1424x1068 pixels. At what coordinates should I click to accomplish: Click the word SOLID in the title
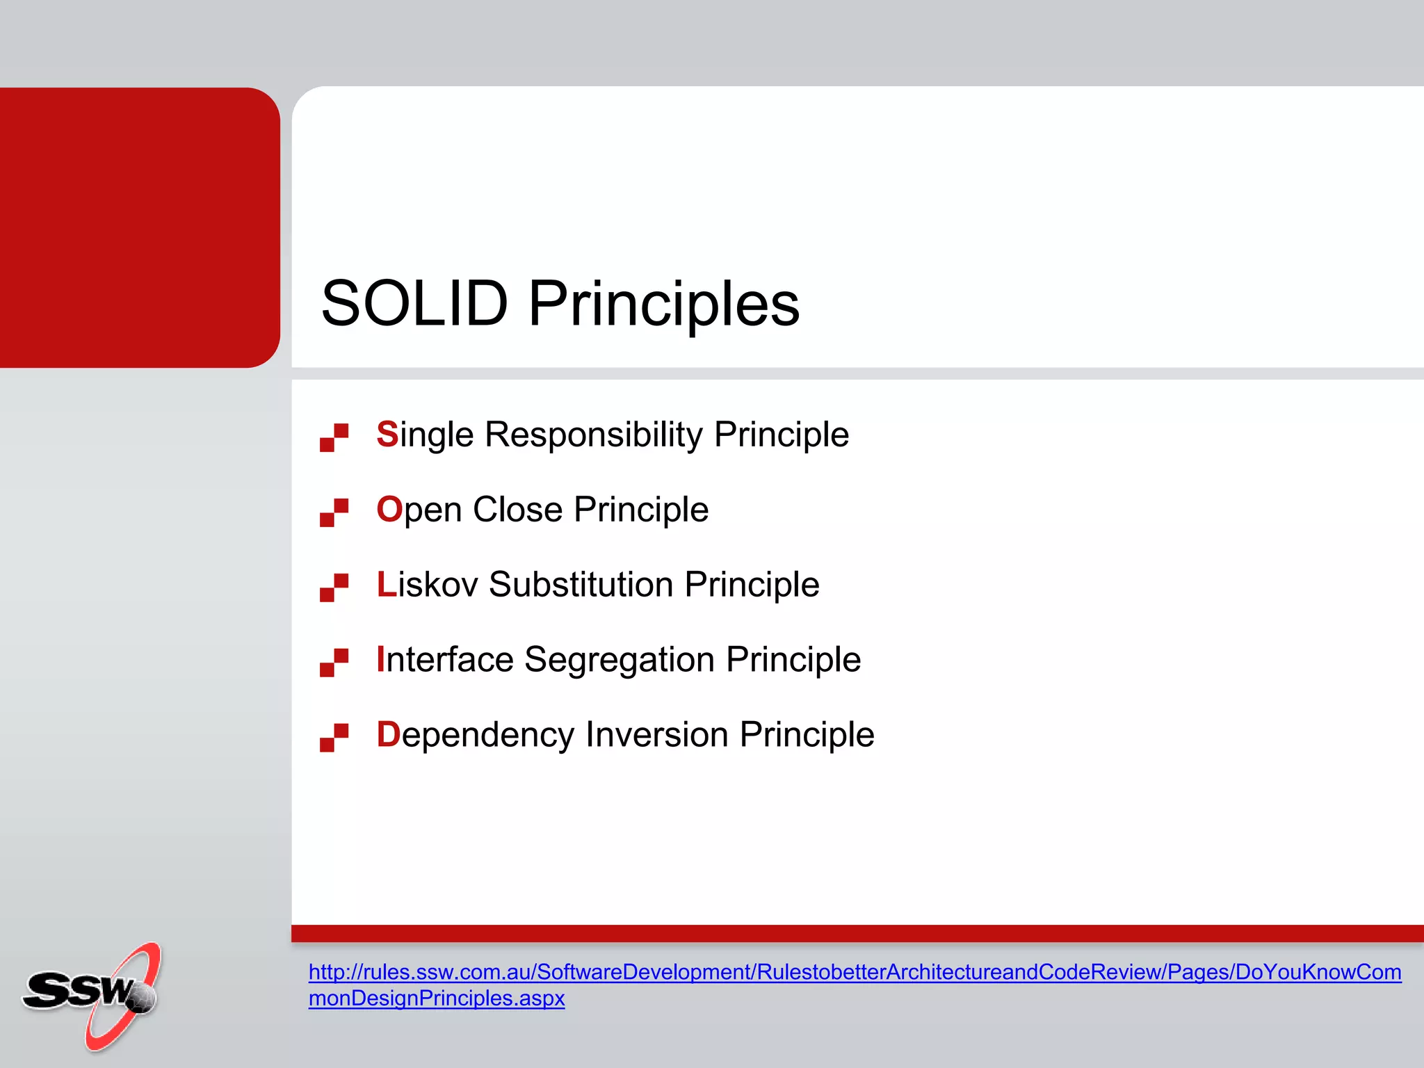click(414, 304)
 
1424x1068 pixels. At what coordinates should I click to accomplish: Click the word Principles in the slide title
click(664, 304)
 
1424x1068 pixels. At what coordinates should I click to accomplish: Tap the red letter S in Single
click(387, 435)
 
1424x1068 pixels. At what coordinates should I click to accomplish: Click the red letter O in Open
click(389, 510)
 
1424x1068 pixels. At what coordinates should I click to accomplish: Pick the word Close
click(517, 510)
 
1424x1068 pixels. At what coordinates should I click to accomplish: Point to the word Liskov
click(427, 585)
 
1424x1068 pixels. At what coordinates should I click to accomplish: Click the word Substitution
click(581, 585)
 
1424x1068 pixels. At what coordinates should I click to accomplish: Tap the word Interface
click(445, 660)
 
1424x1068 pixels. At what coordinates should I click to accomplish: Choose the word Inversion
click(656, 735)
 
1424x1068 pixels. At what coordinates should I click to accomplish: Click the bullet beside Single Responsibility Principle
click(334, 438)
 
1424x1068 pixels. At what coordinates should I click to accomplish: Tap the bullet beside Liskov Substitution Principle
click(334, 588)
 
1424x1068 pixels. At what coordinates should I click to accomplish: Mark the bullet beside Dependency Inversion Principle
click(334, 738)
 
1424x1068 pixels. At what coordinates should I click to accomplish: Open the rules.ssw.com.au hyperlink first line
click(855, 972)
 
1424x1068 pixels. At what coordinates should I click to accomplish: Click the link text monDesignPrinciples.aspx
click(437, 998)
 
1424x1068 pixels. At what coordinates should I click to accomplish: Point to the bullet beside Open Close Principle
click(334, 513)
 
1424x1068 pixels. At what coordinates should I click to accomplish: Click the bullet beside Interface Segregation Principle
click(334, 663)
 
